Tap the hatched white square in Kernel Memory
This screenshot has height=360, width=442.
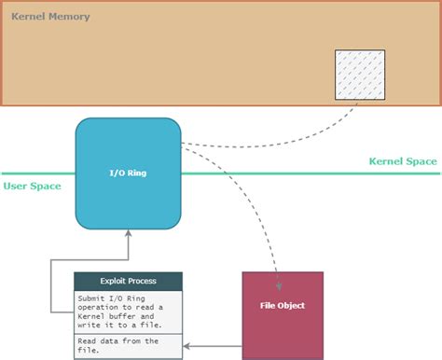358,74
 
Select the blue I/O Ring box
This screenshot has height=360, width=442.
128,173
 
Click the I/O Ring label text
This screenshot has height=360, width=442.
128,173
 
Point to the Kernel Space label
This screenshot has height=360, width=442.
402,161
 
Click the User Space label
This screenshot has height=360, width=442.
32,186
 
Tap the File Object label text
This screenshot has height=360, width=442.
282,305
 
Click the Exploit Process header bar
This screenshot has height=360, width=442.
128,281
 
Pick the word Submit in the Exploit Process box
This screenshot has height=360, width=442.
92,297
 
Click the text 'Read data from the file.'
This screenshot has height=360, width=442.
117,345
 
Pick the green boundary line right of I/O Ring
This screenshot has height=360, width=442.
308,173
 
